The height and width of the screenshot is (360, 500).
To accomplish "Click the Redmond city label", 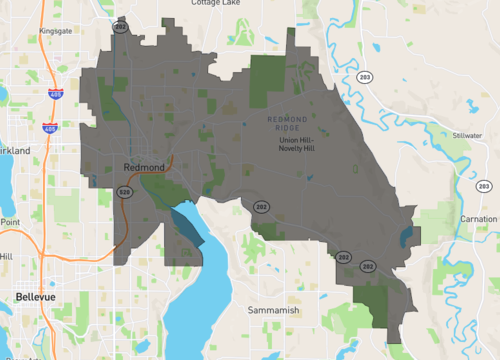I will [x=144, y=166].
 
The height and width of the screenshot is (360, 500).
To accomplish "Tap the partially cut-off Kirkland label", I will [x=15, y=150].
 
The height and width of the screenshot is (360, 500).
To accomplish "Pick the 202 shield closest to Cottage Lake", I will [x=120, y=27].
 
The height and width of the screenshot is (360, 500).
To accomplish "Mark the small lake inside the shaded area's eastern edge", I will [x=405, y=237].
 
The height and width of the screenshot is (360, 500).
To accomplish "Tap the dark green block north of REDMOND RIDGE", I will [x=265, y=80].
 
